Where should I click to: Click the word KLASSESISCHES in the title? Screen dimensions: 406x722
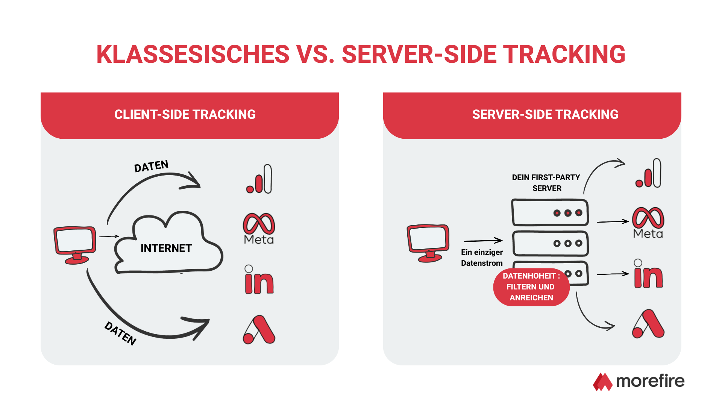pyautogui.click(x=193, y=55)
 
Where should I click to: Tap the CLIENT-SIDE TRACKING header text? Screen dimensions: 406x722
pyautogui.click(x=185, y=114)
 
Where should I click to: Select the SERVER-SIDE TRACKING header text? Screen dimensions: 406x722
pyautogui.click(x=545, y=114)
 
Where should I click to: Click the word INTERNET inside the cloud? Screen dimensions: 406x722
pyautogui.click(x=166, y=248)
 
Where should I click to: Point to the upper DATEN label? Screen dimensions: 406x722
pyautogui.click(x=151, y=166)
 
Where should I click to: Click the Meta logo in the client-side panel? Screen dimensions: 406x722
pyautogui.click(x=259, y=229)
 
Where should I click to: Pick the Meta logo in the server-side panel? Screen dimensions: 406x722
pyautogui.click(x=648, y=223)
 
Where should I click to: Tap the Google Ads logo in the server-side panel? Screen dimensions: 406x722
pyautogui.click(x=648, y=324)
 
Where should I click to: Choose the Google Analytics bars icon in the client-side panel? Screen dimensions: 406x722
pyautogui.click(x=259, y=179)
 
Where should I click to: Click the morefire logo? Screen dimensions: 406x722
pyautogui.click(x=639, y=382)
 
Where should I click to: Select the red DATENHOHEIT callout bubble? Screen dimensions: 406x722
pyautogui.click(x=531, y=287)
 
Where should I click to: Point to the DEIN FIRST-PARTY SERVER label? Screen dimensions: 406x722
pyautogui.click(x=546, y=183)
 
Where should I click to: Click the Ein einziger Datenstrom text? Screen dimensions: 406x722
pyautogui.click(x=482, y=258)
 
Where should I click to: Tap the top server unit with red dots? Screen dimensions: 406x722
pyautogui.click(x=550, y=213)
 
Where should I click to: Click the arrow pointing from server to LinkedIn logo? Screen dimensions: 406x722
pyautogui.click(x=613, y=274)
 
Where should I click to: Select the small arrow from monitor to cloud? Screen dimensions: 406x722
pyautogui.click(x=109, y=236)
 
